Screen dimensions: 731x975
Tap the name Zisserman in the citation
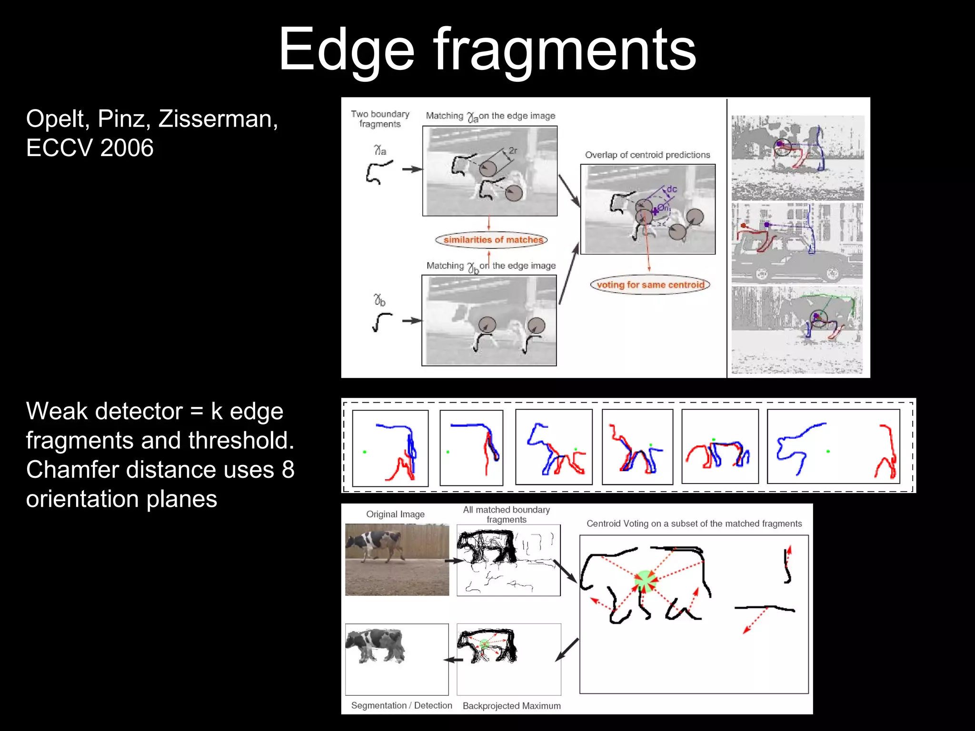[218, 119]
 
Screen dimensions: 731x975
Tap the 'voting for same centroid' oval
[650, 285]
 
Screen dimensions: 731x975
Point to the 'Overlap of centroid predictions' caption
[647, 155]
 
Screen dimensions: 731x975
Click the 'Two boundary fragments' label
[380, 119]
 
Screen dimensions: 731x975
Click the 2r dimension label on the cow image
[513, 150]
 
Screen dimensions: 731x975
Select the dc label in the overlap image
[672, 189]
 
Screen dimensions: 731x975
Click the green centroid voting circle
[645, 581]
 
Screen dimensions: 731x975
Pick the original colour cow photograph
[397, 559]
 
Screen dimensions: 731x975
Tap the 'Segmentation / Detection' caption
[401, 705]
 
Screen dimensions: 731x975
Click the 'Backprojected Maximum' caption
[511, 706]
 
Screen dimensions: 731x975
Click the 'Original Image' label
[395, 514]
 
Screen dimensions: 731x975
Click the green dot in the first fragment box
[365, 452]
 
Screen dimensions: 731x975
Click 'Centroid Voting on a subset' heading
[694, 524]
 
